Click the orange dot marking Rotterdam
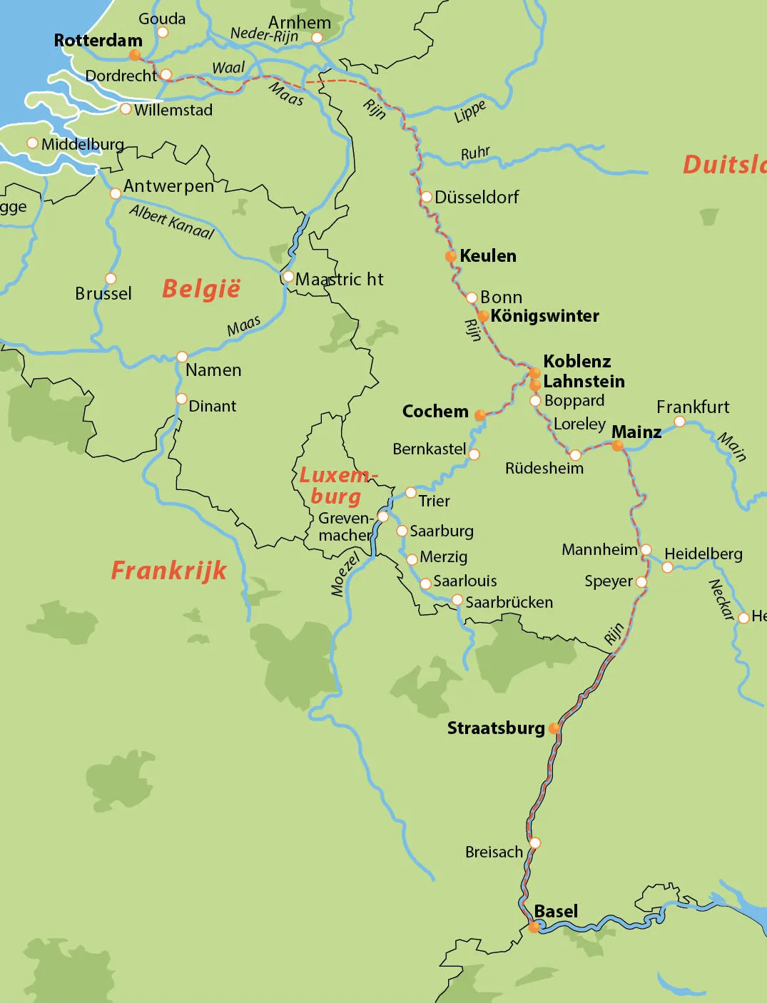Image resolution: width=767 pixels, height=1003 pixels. point(135,55)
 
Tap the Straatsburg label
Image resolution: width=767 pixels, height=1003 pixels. point(495,728)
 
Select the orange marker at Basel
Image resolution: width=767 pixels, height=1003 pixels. point(534,927)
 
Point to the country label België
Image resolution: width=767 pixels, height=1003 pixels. point(201,289)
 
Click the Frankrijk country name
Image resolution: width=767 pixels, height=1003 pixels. point(168,571)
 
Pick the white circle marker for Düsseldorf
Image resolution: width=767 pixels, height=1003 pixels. point(426,197)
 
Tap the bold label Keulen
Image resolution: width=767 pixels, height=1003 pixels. point(488,255)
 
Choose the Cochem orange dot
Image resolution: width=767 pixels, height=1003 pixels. point(480,415)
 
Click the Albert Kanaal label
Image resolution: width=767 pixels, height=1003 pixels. point(172,221)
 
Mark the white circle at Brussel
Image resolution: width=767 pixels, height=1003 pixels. point(111,278)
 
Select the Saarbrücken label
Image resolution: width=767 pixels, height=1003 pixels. point(509,602)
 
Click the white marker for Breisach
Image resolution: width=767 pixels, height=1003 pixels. point(534,842)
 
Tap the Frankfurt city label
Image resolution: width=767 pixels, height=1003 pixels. point(692,407)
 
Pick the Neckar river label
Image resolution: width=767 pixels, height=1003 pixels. point(721,599)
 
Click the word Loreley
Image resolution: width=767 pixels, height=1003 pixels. point(579,424)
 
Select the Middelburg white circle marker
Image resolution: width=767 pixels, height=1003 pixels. point(32,143)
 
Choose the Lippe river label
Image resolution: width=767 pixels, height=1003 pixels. point(470,112)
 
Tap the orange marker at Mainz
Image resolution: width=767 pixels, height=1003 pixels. point(618,445)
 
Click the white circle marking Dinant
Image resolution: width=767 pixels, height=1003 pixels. point(181,399)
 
